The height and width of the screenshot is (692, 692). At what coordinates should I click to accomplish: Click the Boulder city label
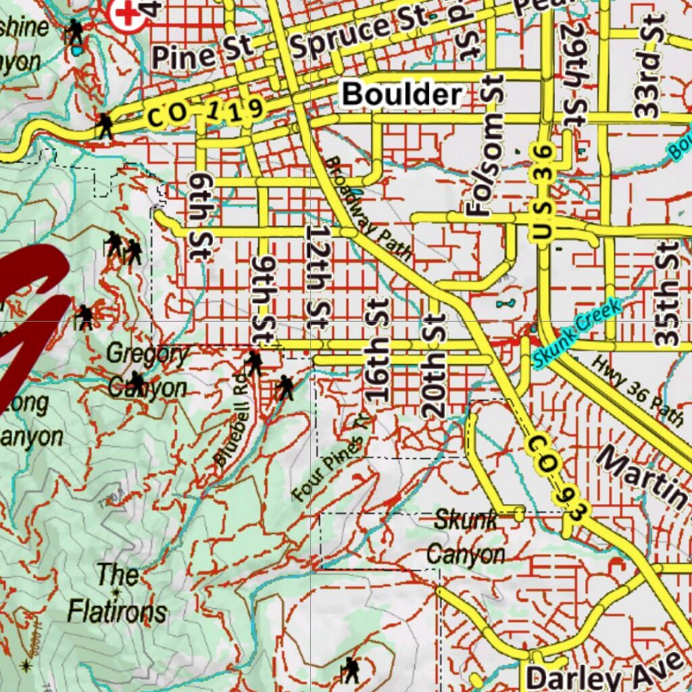click(x=402, y=95)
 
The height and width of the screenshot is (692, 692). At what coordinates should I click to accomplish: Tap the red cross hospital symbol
click(x=128, y=14)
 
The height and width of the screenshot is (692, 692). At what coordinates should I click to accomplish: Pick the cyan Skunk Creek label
click(x=576, y=335)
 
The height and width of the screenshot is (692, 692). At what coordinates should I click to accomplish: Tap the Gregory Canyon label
click(x=148, y=370)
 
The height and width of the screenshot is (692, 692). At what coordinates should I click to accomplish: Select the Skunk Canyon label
click(x=466, y=537)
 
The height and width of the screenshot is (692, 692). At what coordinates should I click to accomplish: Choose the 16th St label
click(x=377, y=349)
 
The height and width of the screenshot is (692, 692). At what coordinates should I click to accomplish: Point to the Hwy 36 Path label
click(x=638, y=391)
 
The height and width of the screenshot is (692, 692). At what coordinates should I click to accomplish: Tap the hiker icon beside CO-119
click(x=105, y=126)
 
